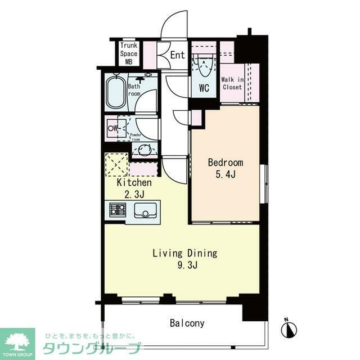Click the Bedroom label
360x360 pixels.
click(x=225, y=163)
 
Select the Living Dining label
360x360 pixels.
click(x=184, y=253)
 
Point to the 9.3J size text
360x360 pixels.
click(x=184, y=265)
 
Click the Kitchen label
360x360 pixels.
click(x=134, y=183)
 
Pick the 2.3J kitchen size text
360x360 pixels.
click(x=134, y=194)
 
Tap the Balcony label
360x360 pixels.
click(x=187, y=323)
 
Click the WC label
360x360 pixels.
click(x=204, y=88)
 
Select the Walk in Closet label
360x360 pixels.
click(x=232, y=83)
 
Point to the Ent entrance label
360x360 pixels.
click(x=177, y=55)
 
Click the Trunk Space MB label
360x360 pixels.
click(x=128, y=54)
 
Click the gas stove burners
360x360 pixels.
click(x=117, y=211)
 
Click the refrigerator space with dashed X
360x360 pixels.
click(x=116, y=165)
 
